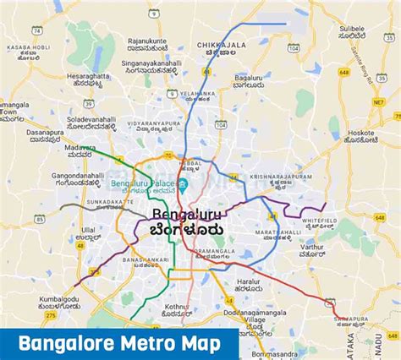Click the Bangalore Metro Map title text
(x=118, y=343)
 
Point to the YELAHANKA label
(x=195, y=94)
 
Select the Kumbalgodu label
(x=57, y=301)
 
